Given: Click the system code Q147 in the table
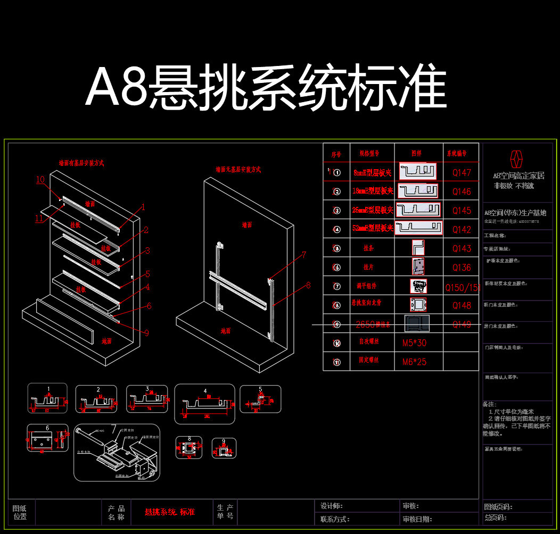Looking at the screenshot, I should [462, 172].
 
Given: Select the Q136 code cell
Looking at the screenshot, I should [462, 268].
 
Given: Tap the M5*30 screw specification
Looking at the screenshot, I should [414, 343].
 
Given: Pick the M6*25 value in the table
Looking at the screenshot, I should [414, 362].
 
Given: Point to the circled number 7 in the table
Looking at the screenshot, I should [336, 286].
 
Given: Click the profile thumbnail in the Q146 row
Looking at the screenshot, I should [418, 191].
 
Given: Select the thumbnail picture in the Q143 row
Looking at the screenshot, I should [418, 248].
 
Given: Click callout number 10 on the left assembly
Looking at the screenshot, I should [40, 179].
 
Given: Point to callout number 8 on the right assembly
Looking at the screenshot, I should [308, 285].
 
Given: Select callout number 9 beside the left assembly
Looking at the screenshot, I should [146, 333].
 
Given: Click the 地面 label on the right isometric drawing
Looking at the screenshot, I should [226, 331].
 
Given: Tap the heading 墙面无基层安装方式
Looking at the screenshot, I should [238, 170].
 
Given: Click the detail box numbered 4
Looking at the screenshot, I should [204, 404].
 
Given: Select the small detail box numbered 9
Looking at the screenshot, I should [224, 448].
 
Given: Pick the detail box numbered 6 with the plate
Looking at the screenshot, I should [47, 438].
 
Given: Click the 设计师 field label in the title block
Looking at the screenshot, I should [331, 506].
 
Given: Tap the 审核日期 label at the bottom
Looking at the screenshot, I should [417, 519].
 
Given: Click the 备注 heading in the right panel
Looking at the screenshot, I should [490, 404].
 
